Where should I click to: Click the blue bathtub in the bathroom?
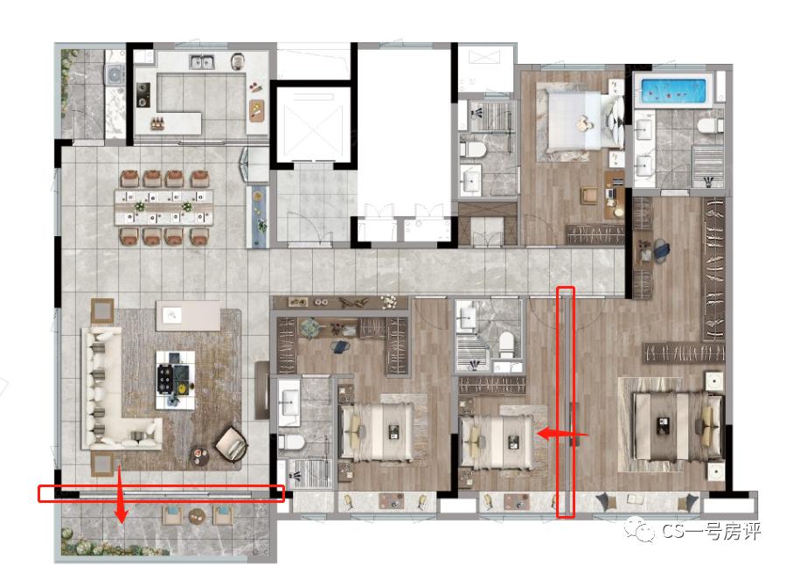pyautogui.click(x=674, y=91)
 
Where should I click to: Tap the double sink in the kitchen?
pyautogui.click(x=203, y=62)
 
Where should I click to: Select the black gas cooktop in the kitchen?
pyautogui.click(x=143, y=95)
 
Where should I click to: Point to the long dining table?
pyautogui.click(x=163, y=207)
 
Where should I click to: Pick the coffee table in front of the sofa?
pyautogui.click(x=175, y=380)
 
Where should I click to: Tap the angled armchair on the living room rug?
pyautogui.click(x=232, y=444)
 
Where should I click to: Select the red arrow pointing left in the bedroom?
pyautogui.click(x=562, y=434)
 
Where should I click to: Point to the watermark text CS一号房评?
pyautogui.click(x=711, y=531)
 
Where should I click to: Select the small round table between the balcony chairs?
pyautogui.click(x=197, y=514)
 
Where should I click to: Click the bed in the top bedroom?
pyautogui.click(x=581, y=120)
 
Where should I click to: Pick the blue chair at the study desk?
pyautogui.click(x=661, y=250)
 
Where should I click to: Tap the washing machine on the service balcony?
pyautogui.click(x=115, y=76)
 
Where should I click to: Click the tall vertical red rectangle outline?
pyautogui.click(x=566, y=402)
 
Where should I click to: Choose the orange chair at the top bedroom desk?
pyautogui.click(x=589, y=196)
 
